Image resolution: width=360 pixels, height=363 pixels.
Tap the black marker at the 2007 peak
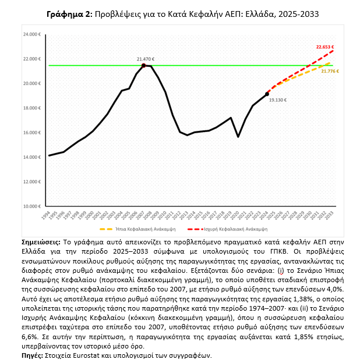pyautogui.click(x=143, y=65)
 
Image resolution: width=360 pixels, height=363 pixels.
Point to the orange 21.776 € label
pyautogui.click(x=330, y=71)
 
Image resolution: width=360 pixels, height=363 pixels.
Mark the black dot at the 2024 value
pyautogui.click(x=267, y=94)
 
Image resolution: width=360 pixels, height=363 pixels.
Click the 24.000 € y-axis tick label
pyautogui.click(x=31, y=34)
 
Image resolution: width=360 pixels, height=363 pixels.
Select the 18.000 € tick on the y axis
pyautogui.click(x=31, y=108)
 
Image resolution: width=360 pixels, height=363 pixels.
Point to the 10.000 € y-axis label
pyautogui.click(x=31, y=206)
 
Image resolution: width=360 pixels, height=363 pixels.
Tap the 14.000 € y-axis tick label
pyautogui.click(x=31, y=157)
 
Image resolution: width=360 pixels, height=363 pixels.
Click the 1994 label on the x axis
pyautogui.click(x=50, y=216)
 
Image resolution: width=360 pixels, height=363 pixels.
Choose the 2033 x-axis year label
pyautogui.click(x=331, y=216)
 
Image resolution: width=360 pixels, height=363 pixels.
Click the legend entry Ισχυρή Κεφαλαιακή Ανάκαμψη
pyautogui.click(x=229, y=229)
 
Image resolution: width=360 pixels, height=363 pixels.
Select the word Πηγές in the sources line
pyautogui.click(x=34, y=355)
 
